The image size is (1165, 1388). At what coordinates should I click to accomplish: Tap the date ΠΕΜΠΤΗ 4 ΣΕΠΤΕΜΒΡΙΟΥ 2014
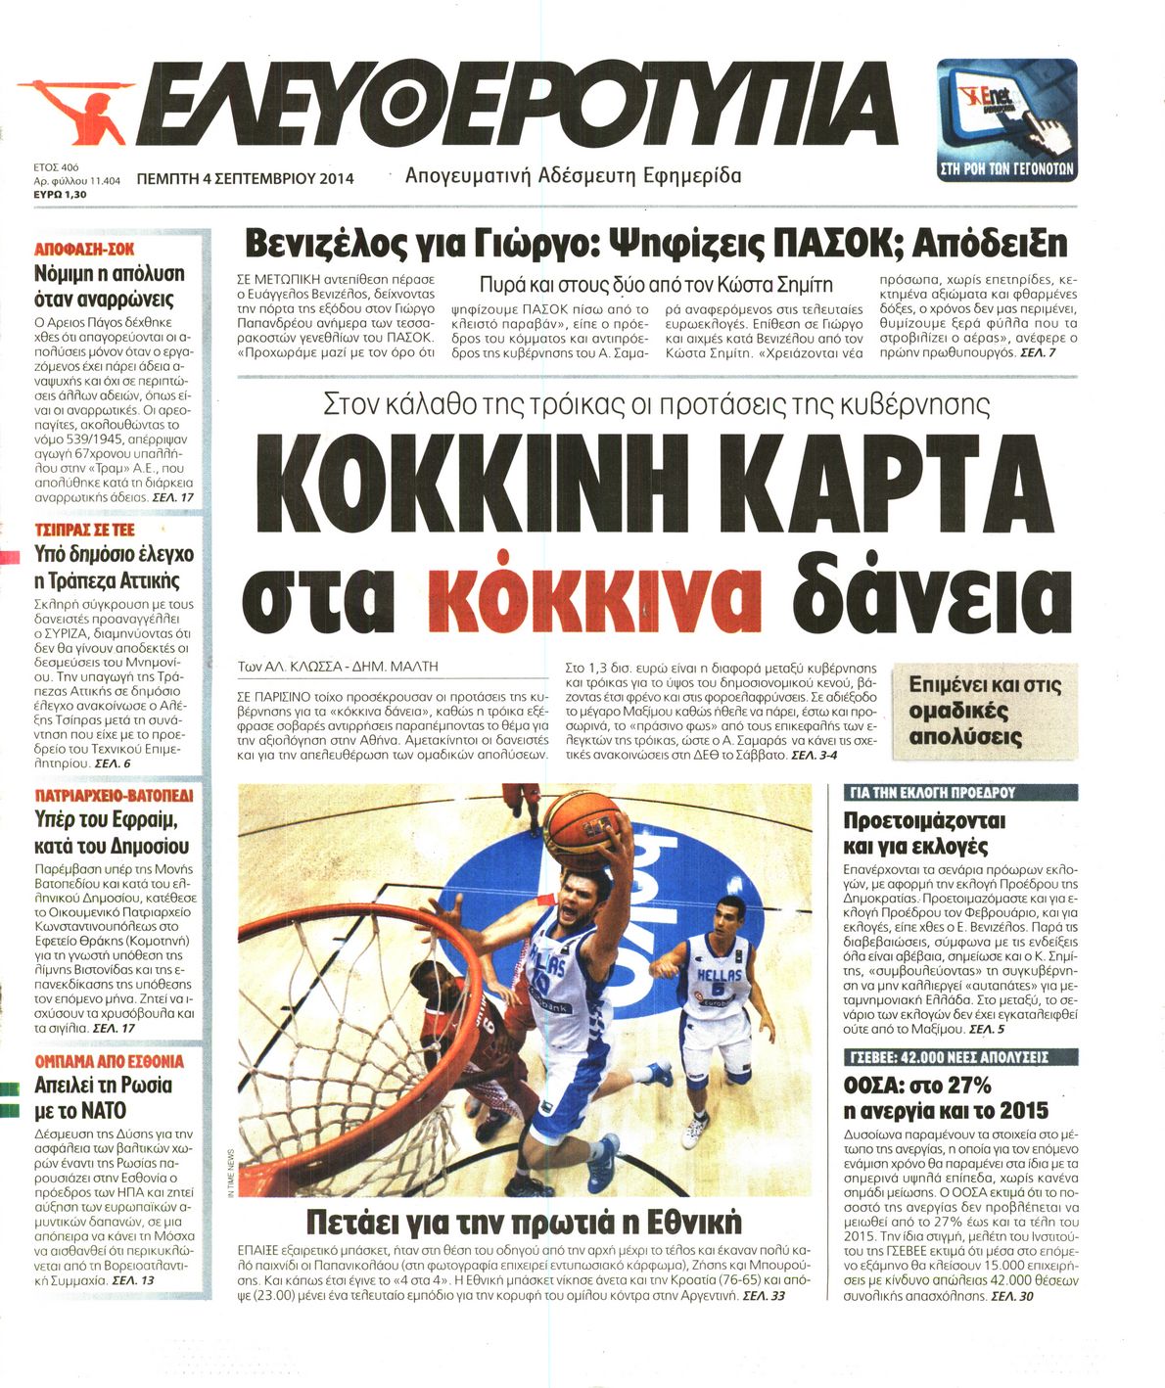[246, 178]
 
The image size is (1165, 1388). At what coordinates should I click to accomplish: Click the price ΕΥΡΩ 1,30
[60, 195]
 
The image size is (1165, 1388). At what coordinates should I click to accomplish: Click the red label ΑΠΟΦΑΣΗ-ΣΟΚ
[84, 250]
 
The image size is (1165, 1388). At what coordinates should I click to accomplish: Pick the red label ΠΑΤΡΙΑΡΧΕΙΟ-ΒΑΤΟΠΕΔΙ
[114, 794]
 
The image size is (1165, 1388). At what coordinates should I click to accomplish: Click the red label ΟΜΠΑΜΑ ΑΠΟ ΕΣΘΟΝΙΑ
[109, 1061]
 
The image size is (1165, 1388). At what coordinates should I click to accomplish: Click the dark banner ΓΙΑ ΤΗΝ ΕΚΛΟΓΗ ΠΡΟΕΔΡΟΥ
[933, 793]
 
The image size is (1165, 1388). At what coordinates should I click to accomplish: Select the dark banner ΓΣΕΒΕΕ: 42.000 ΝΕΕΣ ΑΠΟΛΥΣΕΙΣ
[946, 1057]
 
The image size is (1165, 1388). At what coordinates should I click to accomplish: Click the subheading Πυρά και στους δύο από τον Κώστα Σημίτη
[655, 285]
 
